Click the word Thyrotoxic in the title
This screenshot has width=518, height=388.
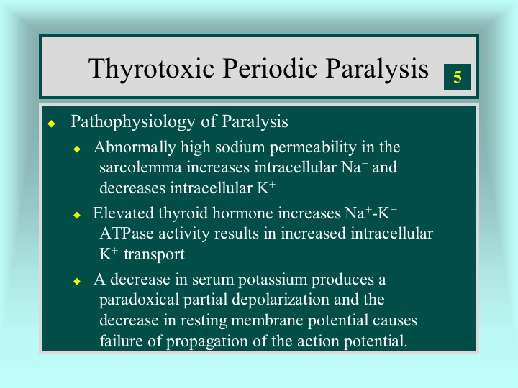(151, 69)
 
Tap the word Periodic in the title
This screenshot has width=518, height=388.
(270, 69)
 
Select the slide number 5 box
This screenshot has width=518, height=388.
(457, 77)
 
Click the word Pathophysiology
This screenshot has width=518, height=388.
(133, 122)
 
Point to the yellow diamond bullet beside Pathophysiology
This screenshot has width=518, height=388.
(52, 124)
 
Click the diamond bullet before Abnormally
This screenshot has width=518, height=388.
(77, 149)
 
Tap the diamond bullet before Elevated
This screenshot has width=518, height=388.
(77, 215)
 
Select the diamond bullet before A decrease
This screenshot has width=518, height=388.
(77, 281)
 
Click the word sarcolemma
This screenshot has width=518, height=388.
(140, 167)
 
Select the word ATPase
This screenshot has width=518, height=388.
(127, 234)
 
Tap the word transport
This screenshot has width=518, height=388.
(154, 254)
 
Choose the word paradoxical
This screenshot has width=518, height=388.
(139, 300)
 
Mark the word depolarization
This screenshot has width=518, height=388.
(281, 300)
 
